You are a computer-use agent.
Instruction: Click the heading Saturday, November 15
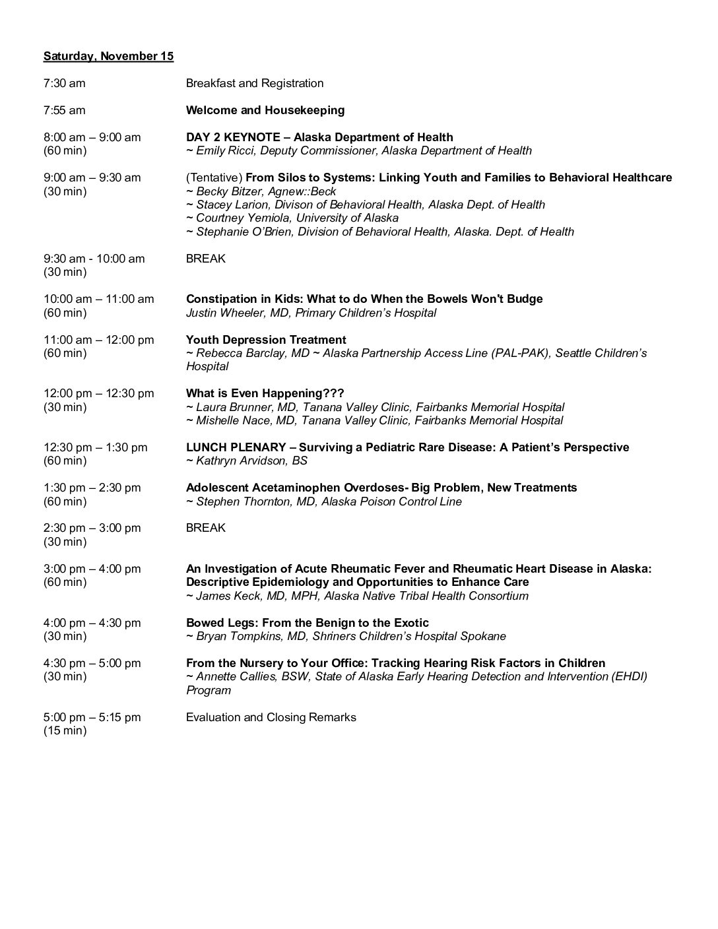tap(108, 56)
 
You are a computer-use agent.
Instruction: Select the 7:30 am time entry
tap(65, 83)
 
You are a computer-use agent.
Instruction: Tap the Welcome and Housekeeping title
tap(265, 110)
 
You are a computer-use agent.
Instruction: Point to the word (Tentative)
tap(214, 177)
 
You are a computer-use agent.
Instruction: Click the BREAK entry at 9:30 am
tap(206, 259)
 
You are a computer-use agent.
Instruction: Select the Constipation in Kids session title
tap(364, 299)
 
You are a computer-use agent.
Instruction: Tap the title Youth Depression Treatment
tap(266, 340)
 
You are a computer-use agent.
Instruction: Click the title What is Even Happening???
tap(265, 393)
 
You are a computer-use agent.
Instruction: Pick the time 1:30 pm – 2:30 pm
tap(92, 488)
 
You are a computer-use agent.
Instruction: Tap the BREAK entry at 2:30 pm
tap(206, 528)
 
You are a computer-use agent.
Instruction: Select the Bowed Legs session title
tap(308, 623)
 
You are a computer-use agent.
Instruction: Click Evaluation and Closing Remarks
tap(271, 717)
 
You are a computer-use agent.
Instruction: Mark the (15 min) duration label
tap(65, 730)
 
